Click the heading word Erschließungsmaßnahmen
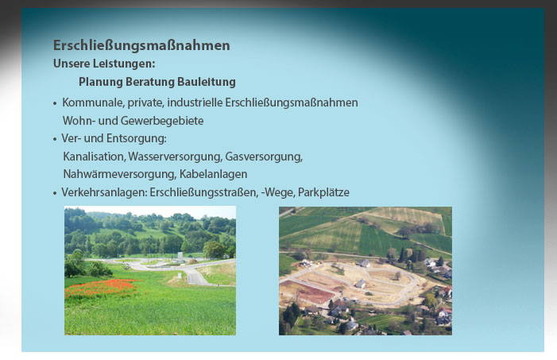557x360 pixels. coord(141,45)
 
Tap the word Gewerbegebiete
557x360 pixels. coord(162,121)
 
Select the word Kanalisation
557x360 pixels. coord(94,157)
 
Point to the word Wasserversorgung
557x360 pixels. coord(175,157)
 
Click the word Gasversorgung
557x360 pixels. coord(264,157)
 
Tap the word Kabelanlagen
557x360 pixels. coord(213,175)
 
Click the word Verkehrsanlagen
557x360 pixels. coord(104,192)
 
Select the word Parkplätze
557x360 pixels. coord(323,192)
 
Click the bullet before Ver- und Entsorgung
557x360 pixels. coord(55,139)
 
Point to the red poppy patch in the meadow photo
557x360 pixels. coord(100,288)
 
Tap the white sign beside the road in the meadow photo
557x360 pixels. coord(180,256)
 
